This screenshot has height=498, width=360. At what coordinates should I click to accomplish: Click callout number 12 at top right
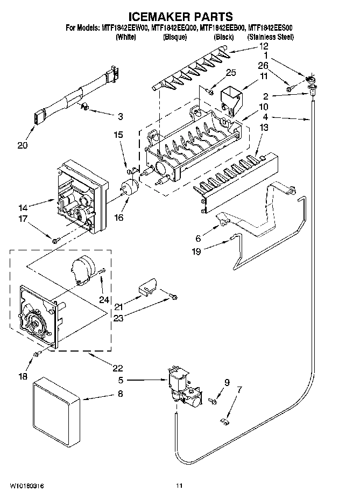(x=248, y=47)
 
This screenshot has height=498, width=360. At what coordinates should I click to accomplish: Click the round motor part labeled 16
(x=130, y=188)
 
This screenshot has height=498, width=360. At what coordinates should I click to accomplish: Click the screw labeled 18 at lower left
(x=37, y=354)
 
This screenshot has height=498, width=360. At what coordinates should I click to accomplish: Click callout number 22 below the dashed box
(x=117, y=368)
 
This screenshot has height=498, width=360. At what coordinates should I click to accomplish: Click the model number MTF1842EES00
(x=270, y=30)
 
